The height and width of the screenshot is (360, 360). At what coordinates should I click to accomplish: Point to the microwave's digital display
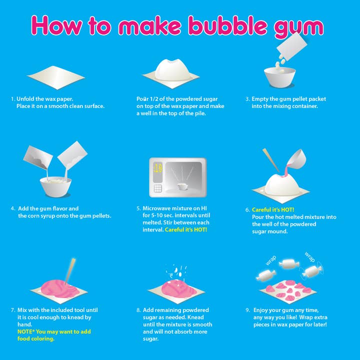click(157, 168)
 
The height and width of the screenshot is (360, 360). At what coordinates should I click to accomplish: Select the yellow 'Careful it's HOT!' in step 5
click(186, 229)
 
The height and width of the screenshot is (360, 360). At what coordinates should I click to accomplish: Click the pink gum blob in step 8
click(172, 288)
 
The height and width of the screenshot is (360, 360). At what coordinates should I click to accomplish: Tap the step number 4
click(12, 208)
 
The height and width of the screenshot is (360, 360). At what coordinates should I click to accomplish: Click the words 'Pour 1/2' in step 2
click(148, 99)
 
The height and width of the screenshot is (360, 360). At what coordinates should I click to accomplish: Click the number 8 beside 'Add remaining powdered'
click(138, 310)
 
